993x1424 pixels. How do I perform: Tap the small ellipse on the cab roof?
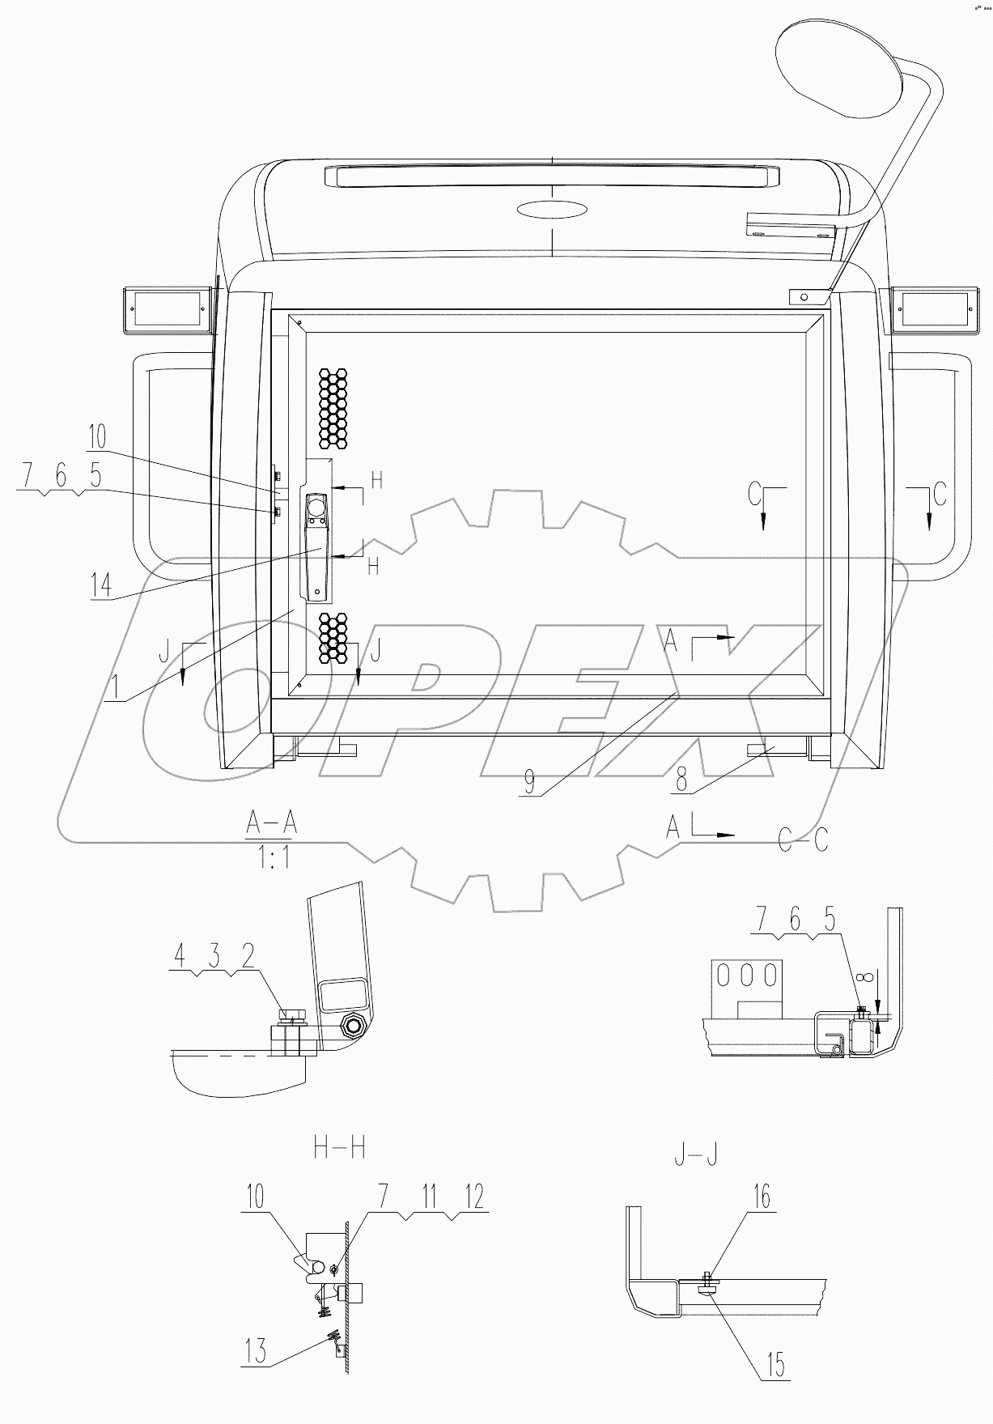(x=552, y=210)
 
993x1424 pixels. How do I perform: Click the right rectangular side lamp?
(x=934, y=309)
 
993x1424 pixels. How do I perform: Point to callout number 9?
(x=529, y=781)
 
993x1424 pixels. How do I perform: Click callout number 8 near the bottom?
(x=681, y=780)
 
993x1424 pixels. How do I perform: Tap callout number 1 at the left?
(x=115, y=688)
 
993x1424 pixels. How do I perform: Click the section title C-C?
(x=803, y=840)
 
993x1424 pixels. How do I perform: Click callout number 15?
(x=774, y=1366)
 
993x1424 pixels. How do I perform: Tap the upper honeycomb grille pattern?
(x=333, y=408)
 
